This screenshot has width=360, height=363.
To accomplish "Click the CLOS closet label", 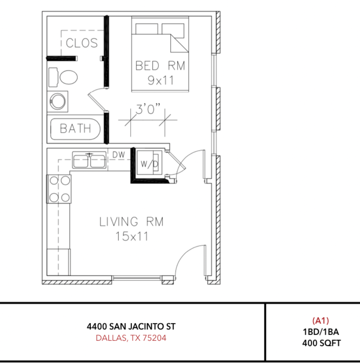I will (82, 43).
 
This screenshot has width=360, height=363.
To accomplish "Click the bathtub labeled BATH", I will (75, 129).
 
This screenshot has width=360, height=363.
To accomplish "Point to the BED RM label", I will (160, 66).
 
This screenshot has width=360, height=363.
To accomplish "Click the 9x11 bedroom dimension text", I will (160, 80).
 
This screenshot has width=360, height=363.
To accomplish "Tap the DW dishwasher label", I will (118, 155).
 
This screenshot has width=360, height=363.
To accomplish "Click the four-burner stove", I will (59, 189).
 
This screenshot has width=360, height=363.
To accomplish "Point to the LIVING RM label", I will (131, 222).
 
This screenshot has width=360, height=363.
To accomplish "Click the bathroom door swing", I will (97, 99).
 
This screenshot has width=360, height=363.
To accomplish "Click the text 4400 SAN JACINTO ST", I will (131, 326).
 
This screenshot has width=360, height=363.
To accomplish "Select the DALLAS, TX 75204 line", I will (131, 338).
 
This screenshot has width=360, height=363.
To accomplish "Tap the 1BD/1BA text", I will (320, 332).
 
